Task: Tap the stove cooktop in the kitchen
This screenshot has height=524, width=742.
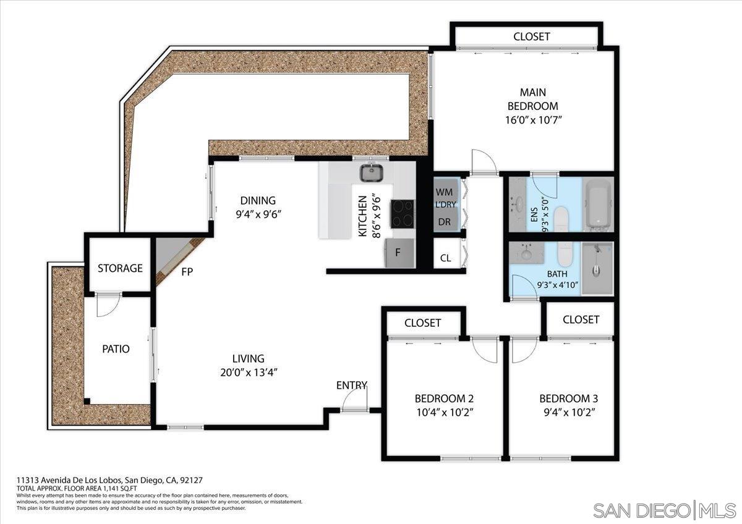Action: [403, 214]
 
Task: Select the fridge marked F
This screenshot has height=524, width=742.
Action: [399, 253]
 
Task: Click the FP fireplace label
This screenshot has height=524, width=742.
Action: [186, 271]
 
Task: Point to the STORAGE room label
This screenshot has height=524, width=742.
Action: [120, 268]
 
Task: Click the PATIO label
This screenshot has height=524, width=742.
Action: [116, 349]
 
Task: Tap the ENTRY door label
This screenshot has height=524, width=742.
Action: [351, 386]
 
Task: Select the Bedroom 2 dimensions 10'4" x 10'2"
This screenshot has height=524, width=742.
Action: [444, 412]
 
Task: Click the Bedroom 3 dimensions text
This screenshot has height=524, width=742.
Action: [568, 412]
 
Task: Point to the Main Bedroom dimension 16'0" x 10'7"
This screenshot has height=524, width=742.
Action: [532, 120]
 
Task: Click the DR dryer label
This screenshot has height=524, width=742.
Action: [444, 221]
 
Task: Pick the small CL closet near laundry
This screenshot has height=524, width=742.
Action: [445, 258]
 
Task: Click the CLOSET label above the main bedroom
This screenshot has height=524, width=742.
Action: [531, 37]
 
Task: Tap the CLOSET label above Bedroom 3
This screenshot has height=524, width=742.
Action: [581, 319]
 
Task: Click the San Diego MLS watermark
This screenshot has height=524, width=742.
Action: [665, 510]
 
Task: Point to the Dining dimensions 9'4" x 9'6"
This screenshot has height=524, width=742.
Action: [258, 214]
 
